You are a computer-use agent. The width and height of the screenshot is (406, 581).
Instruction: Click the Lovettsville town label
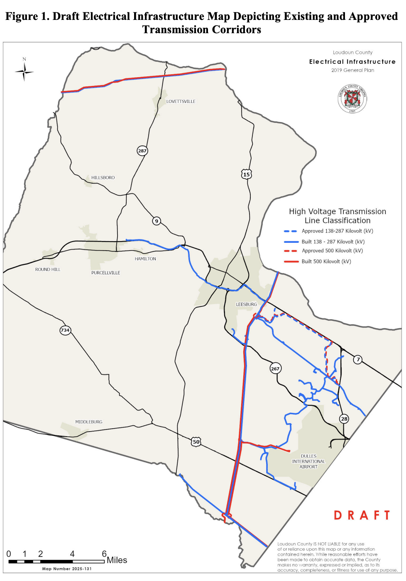coord(181,101)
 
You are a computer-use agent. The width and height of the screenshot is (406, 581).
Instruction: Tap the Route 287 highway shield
coord(142,151)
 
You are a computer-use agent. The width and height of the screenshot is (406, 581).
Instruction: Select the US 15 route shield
coord(246,174)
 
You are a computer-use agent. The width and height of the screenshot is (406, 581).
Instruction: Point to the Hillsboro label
coord(103,178)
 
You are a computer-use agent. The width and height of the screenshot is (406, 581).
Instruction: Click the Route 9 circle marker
coord(157,221)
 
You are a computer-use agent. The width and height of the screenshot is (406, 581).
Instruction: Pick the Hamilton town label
coord(145,259)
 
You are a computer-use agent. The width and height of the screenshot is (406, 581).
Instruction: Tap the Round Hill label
coord(48,269)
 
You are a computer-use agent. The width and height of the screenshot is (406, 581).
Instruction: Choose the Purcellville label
coord(105,273)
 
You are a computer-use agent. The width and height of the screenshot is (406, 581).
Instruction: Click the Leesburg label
coord(247,304)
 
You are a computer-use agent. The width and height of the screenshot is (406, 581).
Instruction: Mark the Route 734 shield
coord(65,330)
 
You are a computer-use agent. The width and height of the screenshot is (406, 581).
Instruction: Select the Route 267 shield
coord(275,369)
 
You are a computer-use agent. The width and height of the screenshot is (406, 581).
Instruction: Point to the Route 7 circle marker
coord(358,359)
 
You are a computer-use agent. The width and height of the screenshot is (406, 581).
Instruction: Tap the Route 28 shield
coord(344,419)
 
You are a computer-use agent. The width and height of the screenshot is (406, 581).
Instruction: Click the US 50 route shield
coord(196,442)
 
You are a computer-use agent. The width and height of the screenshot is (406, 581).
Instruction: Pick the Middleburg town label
coord(88,422)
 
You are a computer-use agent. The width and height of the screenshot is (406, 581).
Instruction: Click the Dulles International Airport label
coord(308,461)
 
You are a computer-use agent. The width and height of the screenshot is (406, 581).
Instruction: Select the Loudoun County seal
coord(352,99)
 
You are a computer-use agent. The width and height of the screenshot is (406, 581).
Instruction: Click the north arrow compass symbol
coord(24,72)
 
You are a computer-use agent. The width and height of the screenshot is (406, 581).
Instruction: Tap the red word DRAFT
coord(362,515)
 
